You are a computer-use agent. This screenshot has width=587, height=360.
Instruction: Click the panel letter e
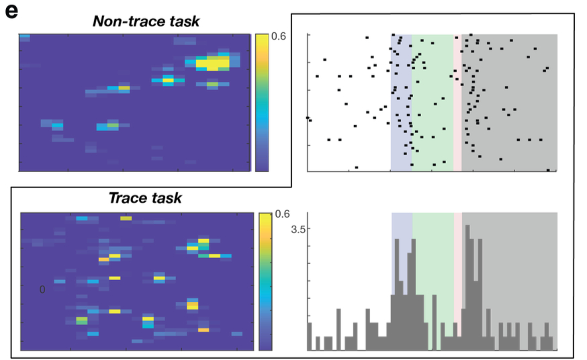11,11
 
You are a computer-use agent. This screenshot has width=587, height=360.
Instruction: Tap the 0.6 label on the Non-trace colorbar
279,37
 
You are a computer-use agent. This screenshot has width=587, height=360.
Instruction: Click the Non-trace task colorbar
261,101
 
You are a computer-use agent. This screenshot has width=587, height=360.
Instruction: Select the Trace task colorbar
263,281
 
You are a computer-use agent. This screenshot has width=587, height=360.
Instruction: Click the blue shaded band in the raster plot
401,101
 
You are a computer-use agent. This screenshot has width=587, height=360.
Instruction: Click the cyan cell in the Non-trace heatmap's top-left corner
25,36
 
